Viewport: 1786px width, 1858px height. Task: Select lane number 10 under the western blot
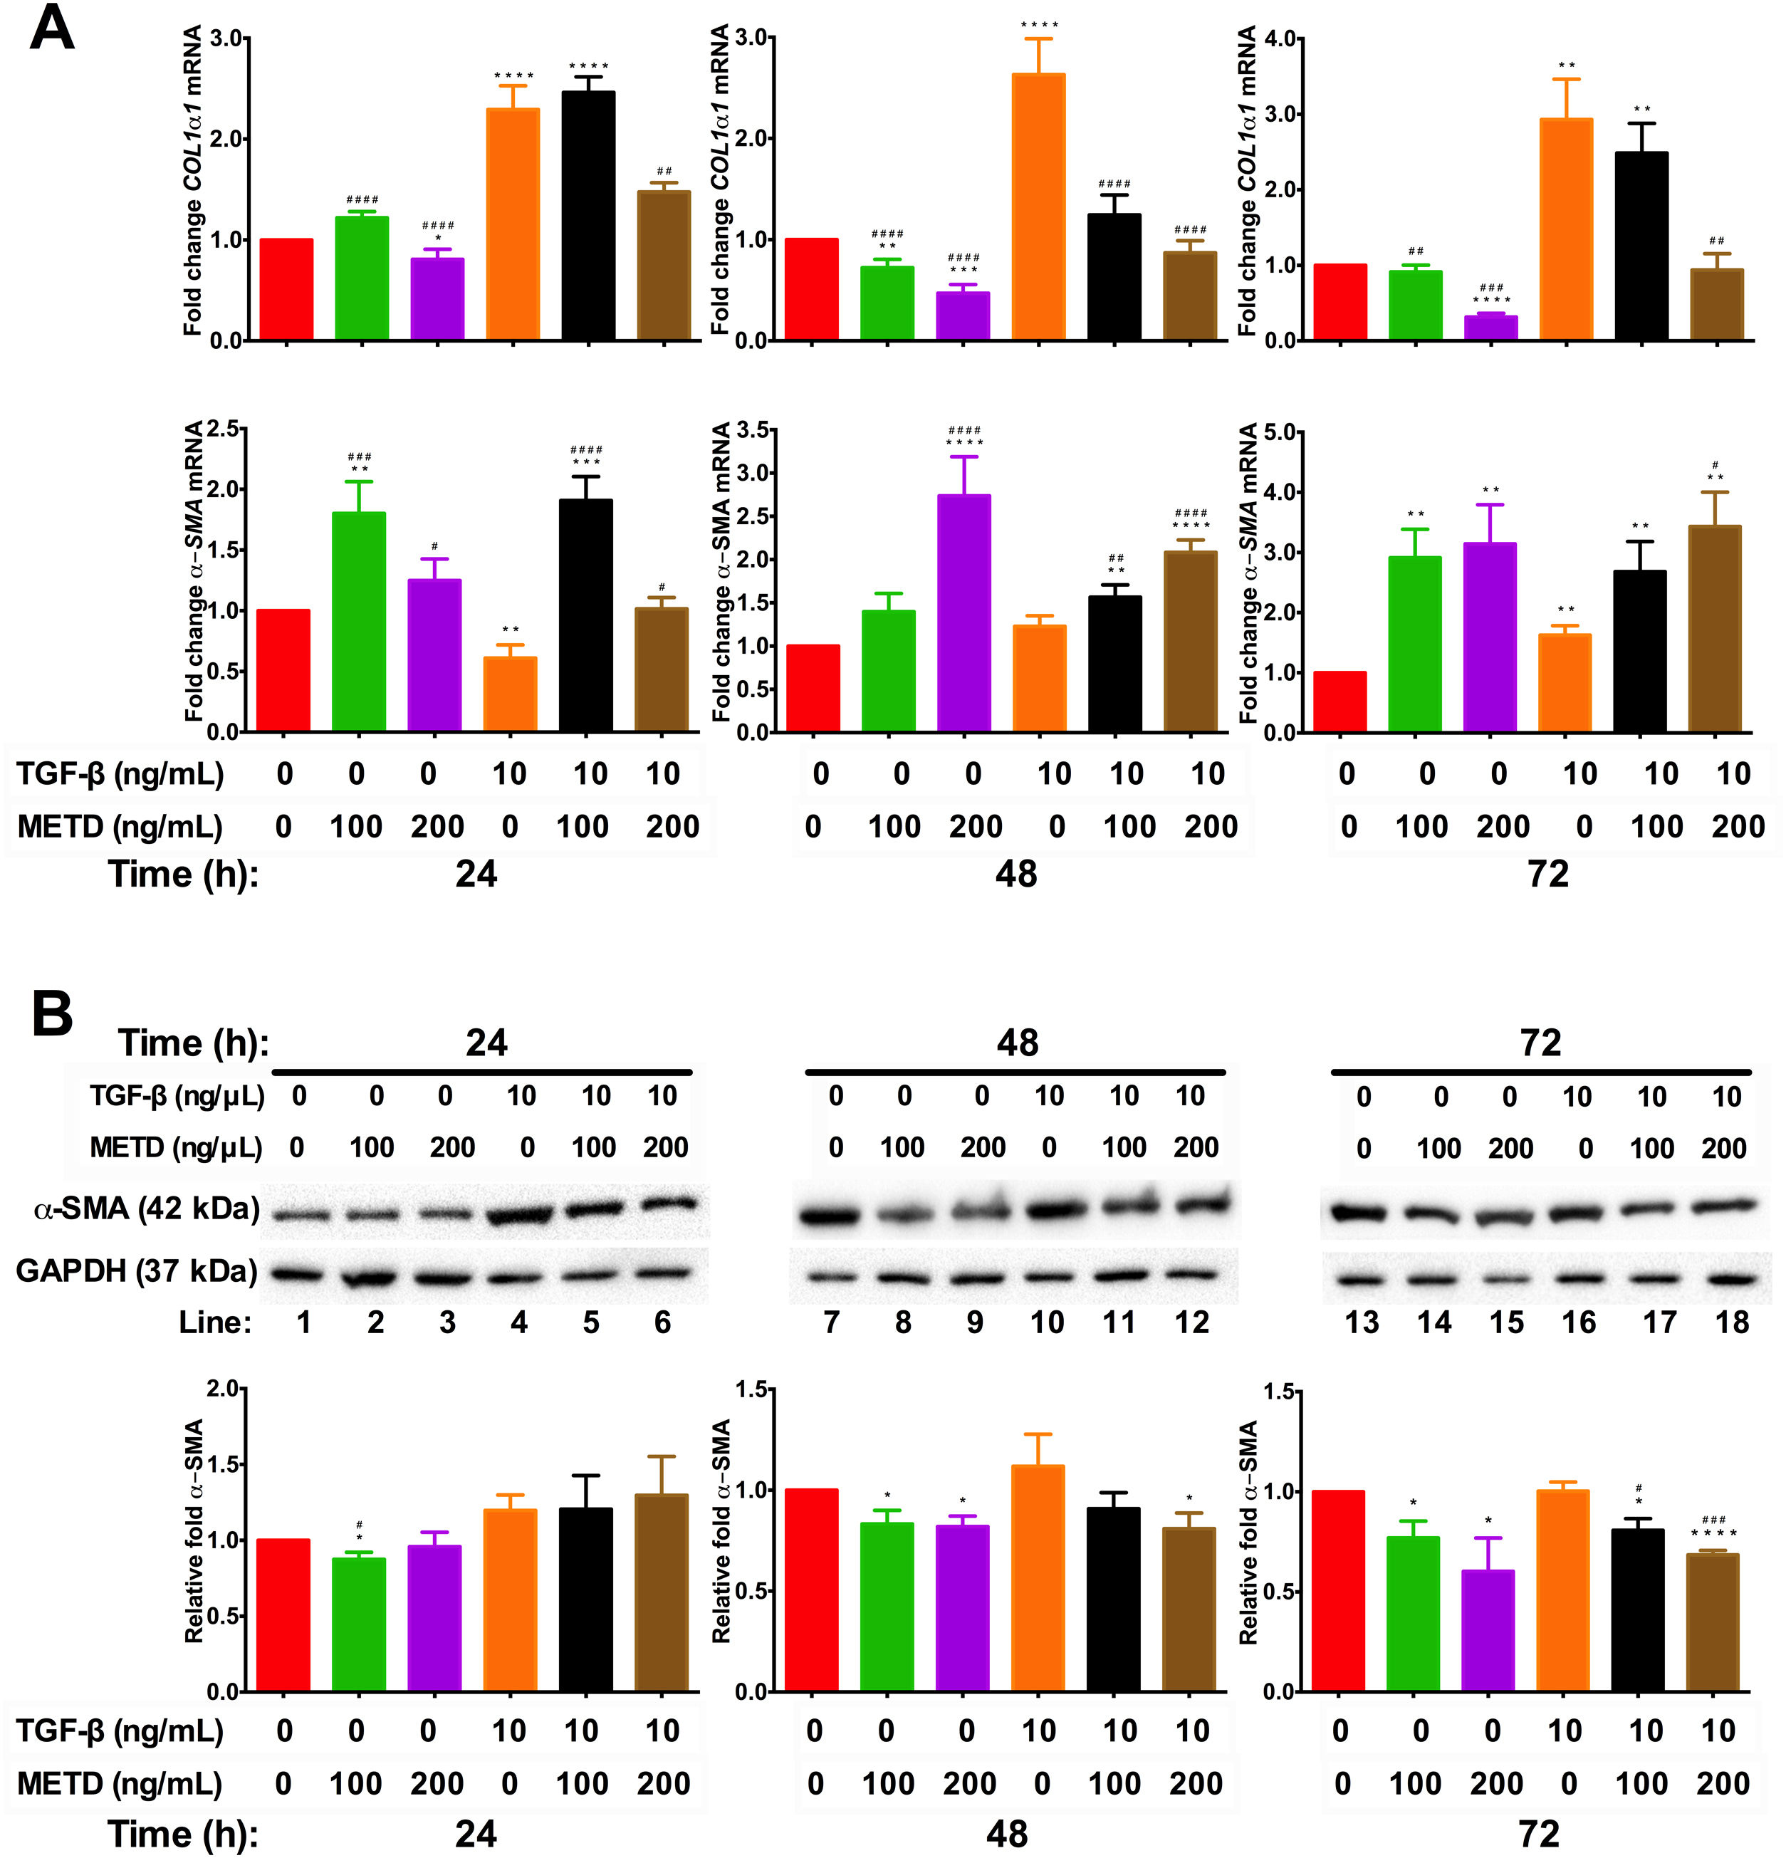tap(1047, 1322)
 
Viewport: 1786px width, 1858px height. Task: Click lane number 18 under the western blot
tap(1732, 1322)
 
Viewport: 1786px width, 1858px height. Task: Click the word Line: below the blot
tap(215, 1322)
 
